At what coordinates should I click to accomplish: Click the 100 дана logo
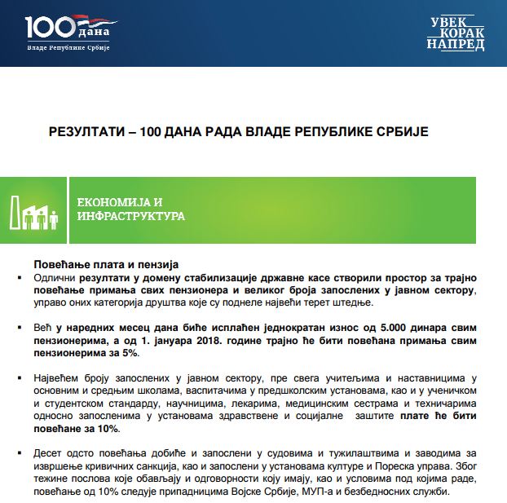click(67, 33)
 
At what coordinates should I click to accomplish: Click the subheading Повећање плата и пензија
click(105, 265)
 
